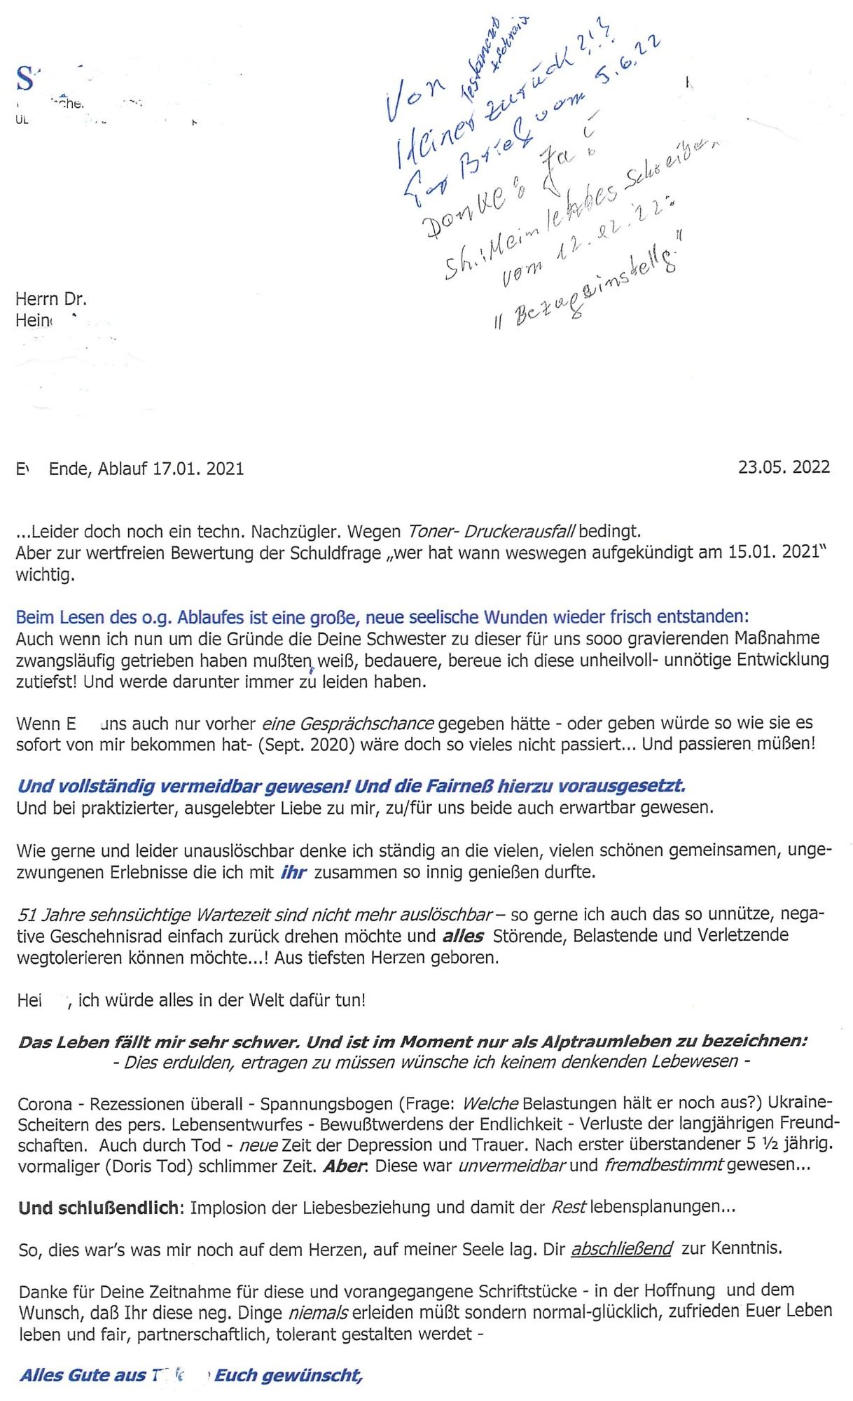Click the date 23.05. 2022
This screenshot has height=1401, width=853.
(x=784, y=467)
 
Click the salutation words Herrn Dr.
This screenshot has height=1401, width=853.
(x=51, y=299)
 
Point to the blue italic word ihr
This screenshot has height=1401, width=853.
(x=293, y=873)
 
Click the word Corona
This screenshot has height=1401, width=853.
(x=46, y=1105)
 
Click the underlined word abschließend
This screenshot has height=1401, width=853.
(x=622, y=1249)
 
